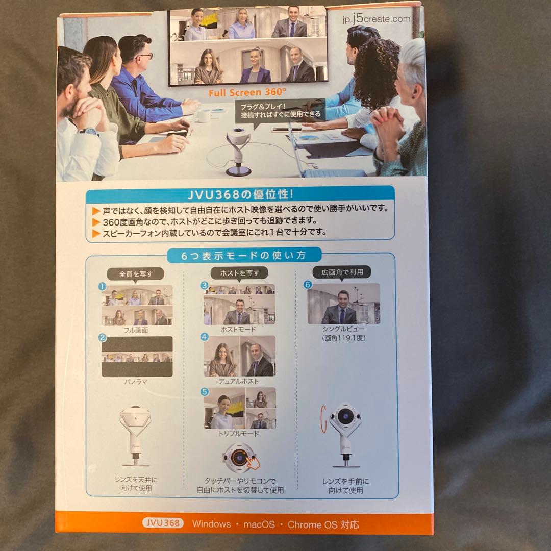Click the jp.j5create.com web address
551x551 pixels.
tap(377, 18)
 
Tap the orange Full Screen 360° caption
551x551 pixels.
tap(247, 92)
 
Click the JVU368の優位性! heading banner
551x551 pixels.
tap(240, 194)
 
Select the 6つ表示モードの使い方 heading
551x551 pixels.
tap(243, 255)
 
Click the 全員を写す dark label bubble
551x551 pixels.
tap(136, 274)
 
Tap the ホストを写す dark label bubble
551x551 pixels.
tap(239, 273)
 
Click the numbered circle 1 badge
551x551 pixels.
tap(102, 286)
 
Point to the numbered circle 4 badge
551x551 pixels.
tap(205, 337)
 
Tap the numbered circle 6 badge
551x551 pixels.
tap(308, 284)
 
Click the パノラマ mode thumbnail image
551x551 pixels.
tap(137, 357)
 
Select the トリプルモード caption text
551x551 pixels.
tap(239, 434)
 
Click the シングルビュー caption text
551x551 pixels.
tap(343, 329)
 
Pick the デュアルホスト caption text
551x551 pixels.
tap(238, 381)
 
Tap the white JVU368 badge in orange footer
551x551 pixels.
tap(163, 523)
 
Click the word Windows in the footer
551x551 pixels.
tap(212, 524)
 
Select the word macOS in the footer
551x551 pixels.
tap(259, 524)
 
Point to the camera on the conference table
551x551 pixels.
tap(238, 152)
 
